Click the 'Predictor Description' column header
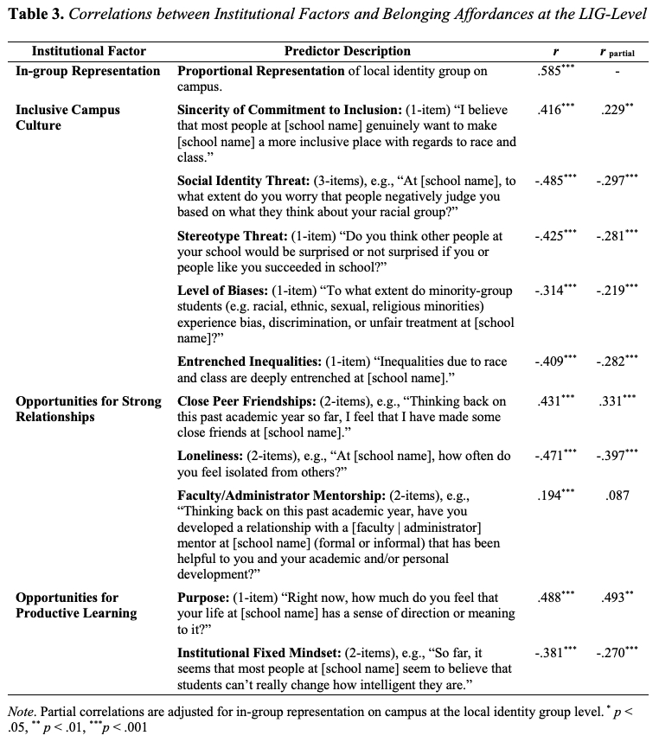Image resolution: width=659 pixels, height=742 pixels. click(x=348, y=52)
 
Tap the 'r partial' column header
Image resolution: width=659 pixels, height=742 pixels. click(x=617, y=53)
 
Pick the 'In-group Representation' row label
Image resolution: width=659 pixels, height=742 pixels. click(x=88, y=71)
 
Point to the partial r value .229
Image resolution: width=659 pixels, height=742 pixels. click(x=617, y=111)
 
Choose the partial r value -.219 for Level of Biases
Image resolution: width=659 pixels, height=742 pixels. click(x=617, y=291)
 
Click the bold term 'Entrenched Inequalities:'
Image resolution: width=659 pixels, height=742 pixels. click(x=251, y=362)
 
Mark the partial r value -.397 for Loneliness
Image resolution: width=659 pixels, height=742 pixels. click(x=617, y=457)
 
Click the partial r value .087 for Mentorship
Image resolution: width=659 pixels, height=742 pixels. click(x=617, y=496)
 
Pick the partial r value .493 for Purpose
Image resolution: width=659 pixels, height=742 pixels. click(x=617, y=598)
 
